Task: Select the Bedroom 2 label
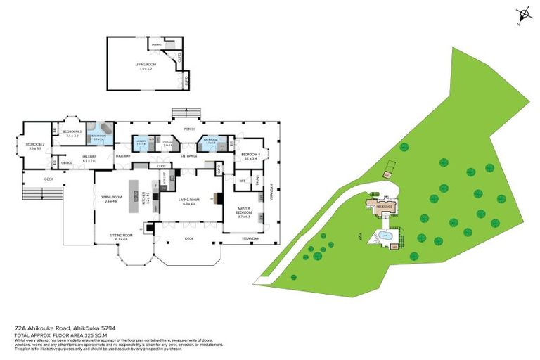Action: point(34,146)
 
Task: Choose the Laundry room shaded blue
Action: point(141,143)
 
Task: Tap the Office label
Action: point(67,163)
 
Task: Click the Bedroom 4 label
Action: point(250,155)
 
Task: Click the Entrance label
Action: point(188,155)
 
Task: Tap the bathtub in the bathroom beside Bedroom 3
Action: point(105,131)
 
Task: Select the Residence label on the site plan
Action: point(384,207)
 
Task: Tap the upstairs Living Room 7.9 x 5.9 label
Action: point(146,65)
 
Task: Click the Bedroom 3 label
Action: point(72,133)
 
